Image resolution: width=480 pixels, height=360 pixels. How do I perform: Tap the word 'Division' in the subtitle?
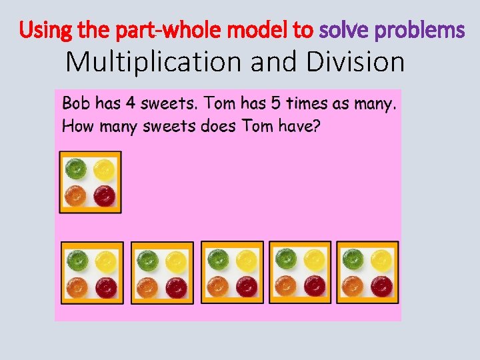pyautogui.click(x=356, y=62)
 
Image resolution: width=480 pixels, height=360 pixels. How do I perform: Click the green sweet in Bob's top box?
pyautogui.click(x=76, y=169)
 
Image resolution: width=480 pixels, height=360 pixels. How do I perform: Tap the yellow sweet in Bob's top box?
pyautogui.click(x=103, y=169)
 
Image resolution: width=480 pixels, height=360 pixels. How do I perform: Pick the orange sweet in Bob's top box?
pyautogui.click(x=76, y=196)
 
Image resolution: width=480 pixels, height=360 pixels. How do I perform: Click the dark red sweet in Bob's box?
pyautogui.click(x=103, y=196)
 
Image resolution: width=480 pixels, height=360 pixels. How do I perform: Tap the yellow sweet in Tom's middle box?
pyautogui.click(x=246, y=259)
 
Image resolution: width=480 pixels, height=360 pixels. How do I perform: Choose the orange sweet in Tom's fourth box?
pyautogui.click(x=285, y=286)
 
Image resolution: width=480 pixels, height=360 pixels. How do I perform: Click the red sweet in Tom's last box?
pyautogui.click(x=381, y=287)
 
